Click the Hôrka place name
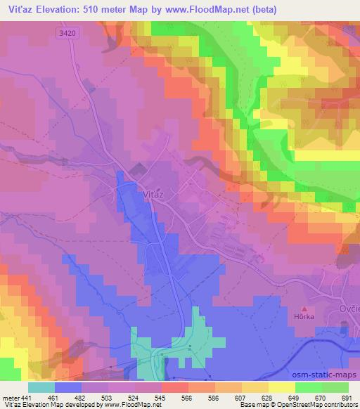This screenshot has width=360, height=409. [305, 318]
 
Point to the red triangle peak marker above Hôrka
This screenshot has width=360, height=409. [304, 309]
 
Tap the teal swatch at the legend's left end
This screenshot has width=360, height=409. [41, 387]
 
